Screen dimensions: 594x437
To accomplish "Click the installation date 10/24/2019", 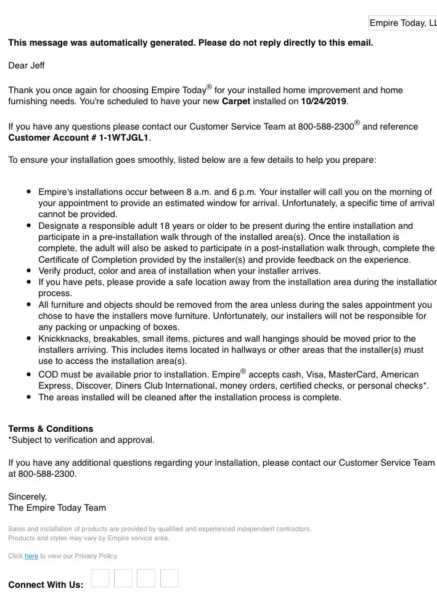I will point(324,101).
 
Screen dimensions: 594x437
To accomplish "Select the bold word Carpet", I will point(236,101).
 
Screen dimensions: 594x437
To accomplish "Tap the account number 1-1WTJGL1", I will point(124,138).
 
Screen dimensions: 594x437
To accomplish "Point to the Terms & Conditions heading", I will point(51,429).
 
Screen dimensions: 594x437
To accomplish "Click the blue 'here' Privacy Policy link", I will point(31,556).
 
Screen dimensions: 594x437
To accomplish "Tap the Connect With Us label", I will point(46,585).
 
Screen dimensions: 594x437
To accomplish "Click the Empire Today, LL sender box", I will point(403,23).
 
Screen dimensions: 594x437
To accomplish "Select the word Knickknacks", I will point(65,339).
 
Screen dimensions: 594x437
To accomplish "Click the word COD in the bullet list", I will point(49,374).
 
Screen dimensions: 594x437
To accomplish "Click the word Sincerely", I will point(28,496).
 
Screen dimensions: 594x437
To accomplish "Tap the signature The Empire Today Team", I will point(57,508).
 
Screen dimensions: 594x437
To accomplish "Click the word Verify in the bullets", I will point(51,271).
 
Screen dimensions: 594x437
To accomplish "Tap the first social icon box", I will point(100,578).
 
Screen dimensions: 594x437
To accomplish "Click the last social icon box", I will point(169,578).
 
